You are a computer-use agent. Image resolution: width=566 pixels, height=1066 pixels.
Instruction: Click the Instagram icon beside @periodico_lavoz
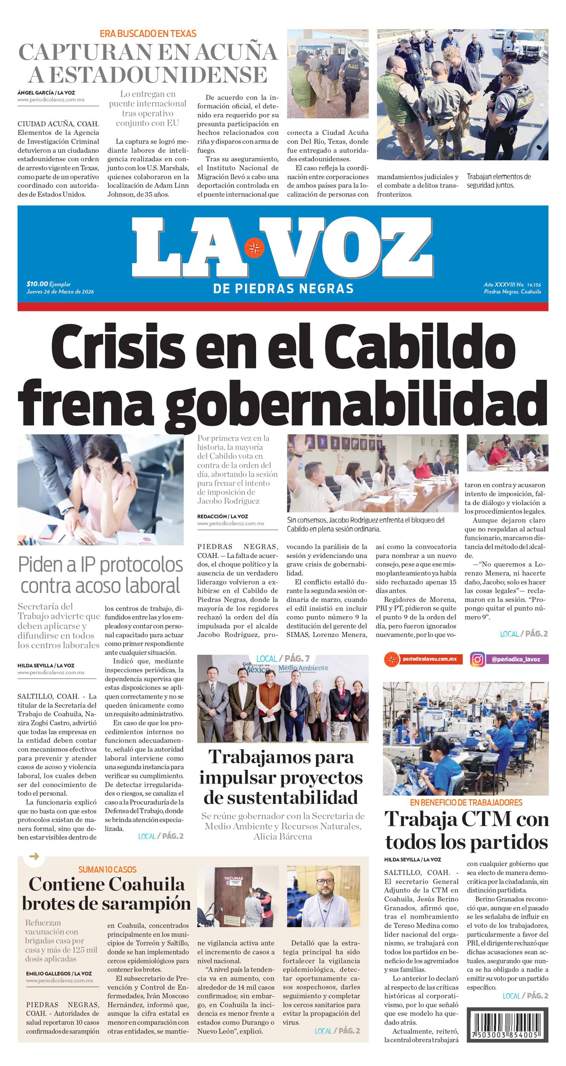click(x=477, y=659)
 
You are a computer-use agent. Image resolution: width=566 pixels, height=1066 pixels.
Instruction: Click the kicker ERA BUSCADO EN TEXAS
click(x=148, y=33)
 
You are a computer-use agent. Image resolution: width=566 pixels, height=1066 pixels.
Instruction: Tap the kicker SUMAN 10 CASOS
click(x=107, y=869)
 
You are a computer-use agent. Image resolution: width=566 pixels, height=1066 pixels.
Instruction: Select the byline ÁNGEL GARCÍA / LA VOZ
click(x=46, y=93)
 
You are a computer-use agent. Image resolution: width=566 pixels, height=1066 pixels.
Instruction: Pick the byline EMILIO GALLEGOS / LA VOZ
click(x=59, y=973)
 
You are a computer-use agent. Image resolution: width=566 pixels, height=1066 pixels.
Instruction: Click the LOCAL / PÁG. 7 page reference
click(x=283, y=658)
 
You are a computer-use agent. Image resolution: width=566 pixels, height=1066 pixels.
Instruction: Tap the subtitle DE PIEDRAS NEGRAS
click(x=283, y=289)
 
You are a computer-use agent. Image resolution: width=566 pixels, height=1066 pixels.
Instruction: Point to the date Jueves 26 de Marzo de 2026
click(x=60, y=291)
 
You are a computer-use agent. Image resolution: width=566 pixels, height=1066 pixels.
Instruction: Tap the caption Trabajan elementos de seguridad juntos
click(x=499, y=181)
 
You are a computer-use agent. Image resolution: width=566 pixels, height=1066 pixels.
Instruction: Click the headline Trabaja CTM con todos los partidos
click(x=466, y=830)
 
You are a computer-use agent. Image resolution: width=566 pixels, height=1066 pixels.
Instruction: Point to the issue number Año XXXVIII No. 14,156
click(x=512, y=285)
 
